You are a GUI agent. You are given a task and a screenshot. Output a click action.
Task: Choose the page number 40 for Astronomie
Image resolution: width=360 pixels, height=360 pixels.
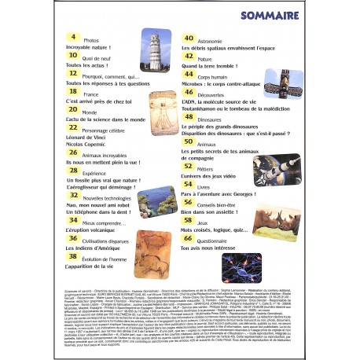[x=189, y=39]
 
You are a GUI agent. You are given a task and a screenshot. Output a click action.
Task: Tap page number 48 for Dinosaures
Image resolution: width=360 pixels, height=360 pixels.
[x=189, y=119]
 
